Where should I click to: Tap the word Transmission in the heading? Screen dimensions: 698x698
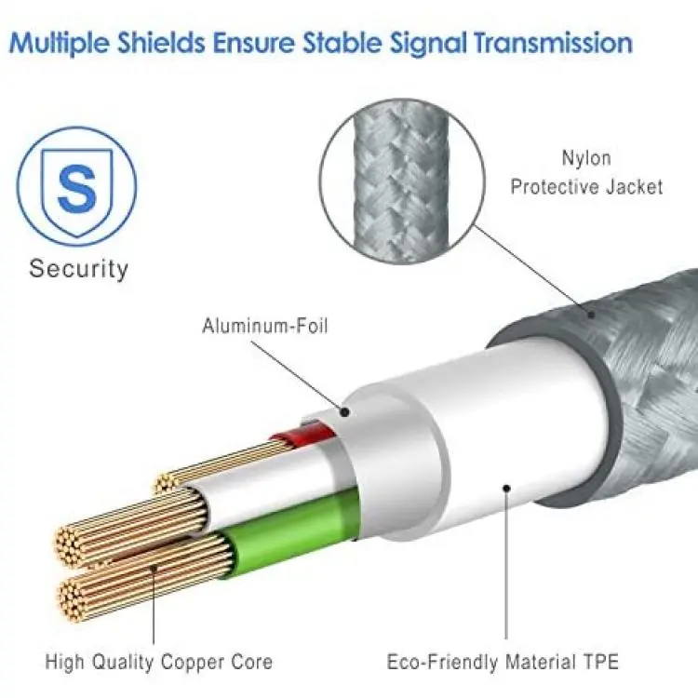(553, 42)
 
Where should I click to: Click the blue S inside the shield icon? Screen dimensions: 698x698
(77, 189)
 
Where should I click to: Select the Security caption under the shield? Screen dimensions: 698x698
(78, 269)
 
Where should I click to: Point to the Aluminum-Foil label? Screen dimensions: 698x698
(265, 326)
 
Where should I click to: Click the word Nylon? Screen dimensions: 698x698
(586, 158)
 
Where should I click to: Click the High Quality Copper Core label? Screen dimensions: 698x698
(159, 662)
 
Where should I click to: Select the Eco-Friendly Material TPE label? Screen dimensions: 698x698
(503, 662)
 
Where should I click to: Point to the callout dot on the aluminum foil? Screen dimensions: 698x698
(344, 412)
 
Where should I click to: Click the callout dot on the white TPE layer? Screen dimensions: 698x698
(506, 489)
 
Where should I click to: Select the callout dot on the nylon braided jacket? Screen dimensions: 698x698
(591, 315)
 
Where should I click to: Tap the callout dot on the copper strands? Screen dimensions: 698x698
(154, 569)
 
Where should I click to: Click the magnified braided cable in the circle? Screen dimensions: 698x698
(400, 181)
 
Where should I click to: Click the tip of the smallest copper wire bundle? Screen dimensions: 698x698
(164, 483)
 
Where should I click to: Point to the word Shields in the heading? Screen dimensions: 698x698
(162, 42)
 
